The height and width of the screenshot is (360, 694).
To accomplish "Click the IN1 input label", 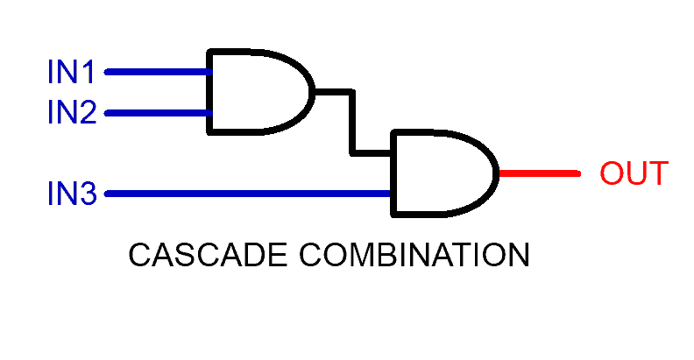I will click(x=71, y=72).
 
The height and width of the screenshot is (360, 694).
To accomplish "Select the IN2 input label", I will click(x=71, y=112).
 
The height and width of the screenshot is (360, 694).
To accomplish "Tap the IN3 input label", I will click(x=71, y=194).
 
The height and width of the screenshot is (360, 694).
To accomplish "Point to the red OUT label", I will click(x=634, y=173).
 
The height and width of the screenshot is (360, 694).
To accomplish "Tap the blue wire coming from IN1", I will click(x=158, y=72).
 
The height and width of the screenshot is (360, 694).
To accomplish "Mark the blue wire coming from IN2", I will click(x=158, y=113).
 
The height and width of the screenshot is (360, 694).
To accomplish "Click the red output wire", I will click(x=539, y=173).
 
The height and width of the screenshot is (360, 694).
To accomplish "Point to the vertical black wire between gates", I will click(x=353, y=123).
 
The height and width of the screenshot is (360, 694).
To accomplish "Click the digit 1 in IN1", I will click(x=89, y=72).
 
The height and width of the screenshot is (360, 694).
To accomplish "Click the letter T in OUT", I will click(x=657, y=173).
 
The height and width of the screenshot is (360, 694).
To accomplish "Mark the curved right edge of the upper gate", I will click(x=311, y=91).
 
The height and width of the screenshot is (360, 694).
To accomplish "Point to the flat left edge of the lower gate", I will click(x=394, y=173).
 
